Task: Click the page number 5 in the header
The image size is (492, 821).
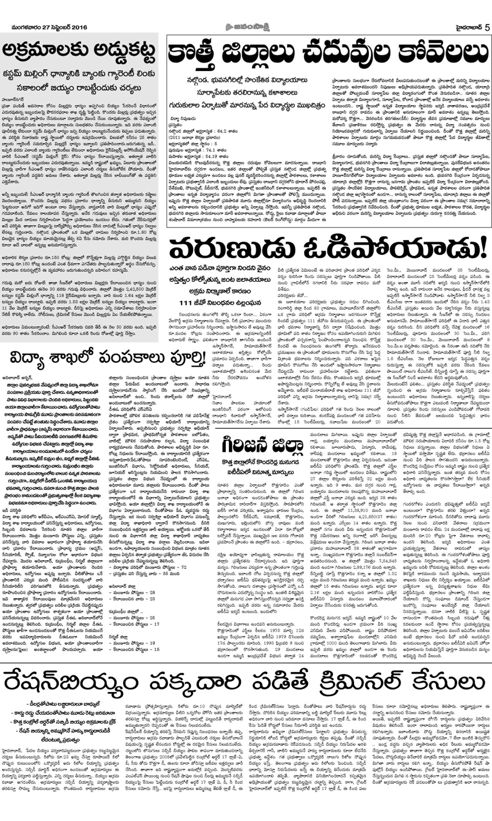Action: [x=487, y=27]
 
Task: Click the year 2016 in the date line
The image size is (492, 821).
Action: [x=79, y=27]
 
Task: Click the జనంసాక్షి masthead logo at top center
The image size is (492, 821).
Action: [x=246, y=27]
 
